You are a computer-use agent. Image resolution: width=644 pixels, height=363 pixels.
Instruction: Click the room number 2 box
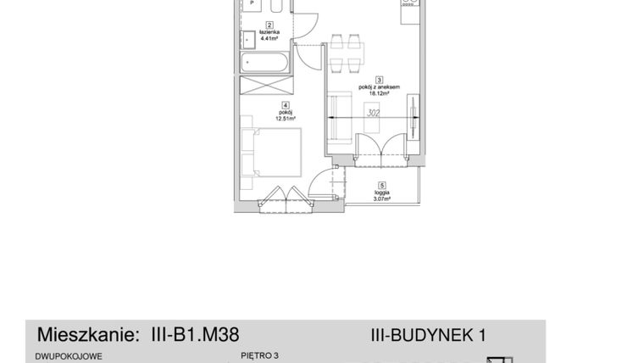pos(269,25)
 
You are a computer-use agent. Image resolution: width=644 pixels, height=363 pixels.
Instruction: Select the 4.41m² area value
pos(269,39)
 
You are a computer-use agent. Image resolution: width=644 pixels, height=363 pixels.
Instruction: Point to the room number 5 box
pos(382,185)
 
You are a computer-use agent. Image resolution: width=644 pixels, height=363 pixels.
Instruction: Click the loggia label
pos(382,192)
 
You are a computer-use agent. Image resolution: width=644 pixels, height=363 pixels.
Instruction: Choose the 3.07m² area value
pos(382,198)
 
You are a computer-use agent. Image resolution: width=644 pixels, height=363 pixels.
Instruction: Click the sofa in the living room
pos(340,118)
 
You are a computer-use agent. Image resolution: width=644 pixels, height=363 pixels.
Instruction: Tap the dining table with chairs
pos(347,53)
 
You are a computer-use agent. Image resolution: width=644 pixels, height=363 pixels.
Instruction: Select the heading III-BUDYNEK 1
pos(428,335)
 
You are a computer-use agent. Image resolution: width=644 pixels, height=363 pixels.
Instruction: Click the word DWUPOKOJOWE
pos(69,357)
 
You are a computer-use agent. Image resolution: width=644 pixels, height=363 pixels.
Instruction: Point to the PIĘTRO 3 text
pos(260,357)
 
